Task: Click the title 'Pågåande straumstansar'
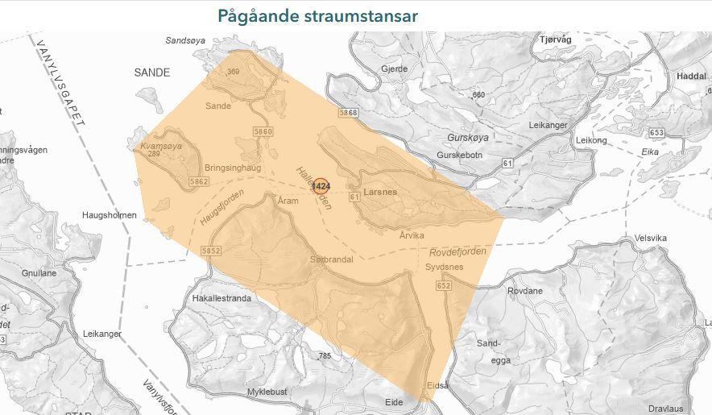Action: click(x=317, y=16)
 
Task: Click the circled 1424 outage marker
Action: click(x=321, y=187)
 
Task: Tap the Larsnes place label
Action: click(x=380, y=193)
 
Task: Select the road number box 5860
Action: click(x=263, y=131)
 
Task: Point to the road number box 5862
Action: click(x=199, y=182)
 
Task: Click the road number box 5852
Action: click(x=211, y=251)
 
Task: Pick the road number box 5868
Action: click(x=348, y=113)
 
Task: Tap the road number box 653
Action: click(x=656, y=132)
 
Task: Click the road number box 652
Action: click(x=444, y=286)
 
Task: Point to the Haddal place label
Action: click(x=692, y=75)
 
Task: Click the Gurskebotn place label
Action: click(x=459, y=155)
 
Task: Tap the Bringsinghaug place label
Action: click(x=234, y=168)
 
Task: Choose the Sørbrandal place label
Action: click(x=332, y=260)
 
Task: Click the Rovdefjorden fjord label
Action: click(x=458, y=251)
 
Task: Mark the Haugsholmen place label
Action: click(x=111, y=215)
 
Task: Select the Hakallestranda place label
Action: click(x=221, y=298)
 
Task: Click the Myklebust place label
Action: click(x=267, y=392)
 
